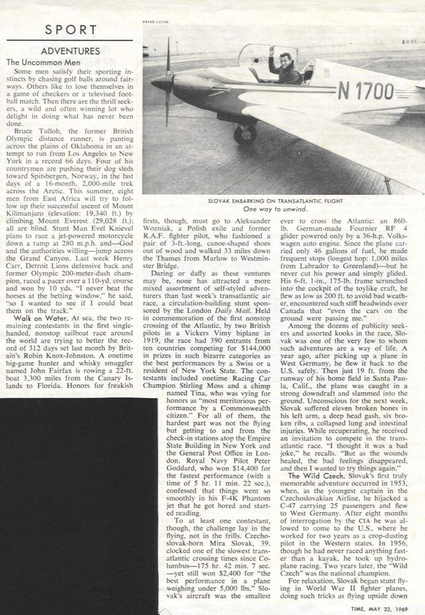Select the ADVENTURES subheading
pyautogui.click(x=70, y=52)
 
